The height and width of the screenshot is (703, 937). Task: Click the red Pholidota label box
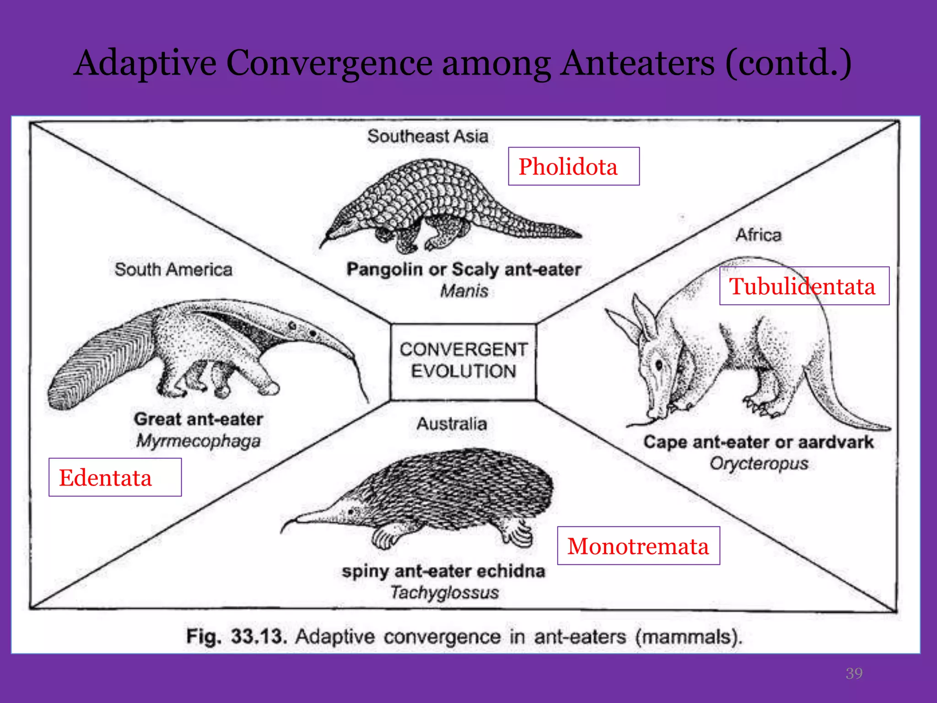pos(573,166)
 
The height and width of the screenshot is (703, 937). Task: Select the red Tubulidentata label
pos(804,286)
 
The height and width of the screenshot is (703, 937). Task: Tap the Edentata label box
pos(115,477)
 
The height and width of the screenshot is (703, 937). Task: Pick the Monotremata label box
pos(638,546)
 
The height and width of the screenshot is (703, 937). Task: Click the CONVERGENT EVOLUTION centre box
pos(463,361)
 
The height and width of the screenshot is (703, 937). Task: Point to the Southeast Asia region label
pos(428,136)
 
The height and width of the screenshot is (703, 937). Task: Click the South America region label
pos(173,270)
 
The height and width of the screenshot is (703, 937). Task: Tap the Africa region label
pos(759,235)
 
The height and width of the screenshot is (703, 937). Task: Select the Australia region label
pos(452,424)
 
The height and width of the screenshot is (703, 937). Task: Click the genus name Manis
pos(464,291)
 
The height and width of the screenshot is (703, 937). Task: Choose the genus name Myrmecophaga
pos(199,441)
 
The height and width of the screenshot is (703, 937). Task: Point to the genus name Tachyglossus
pos(444,593)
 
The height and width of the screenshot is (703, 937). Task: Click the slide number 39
pos(854,673)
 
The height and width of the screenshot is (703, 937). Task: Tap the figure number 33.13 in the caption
pos(259,637)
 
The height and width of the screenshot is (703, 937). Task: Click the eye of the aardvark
pos(659,365)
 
